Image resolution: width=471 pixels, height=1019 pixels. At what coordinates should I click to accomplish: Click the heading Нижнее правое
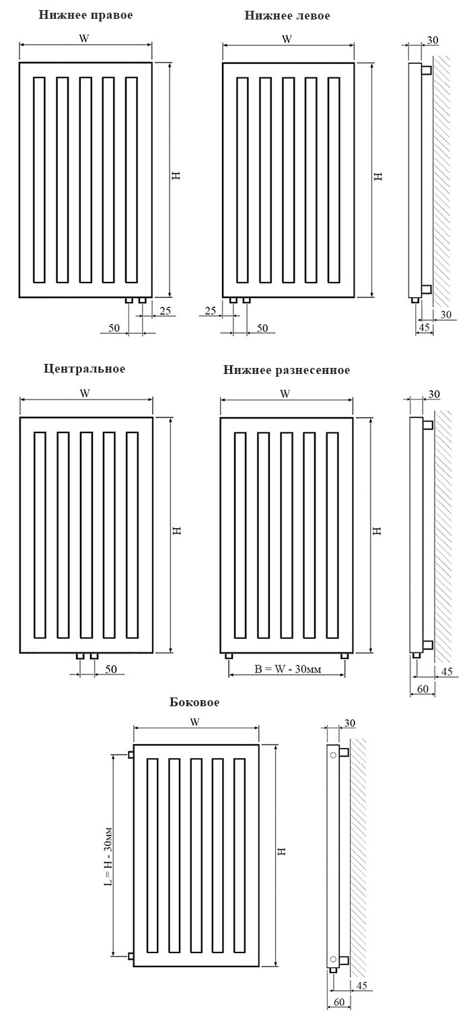point(85,15)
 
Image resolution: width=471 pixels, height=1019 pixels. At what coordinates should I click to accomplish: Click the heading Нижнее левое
point(287,16)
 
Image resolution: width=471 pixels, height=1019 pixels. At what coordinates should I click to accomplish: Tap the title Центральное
point(84,369)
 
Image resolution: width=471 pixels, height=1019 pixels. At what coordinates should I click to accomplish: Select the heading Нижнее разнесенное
point(286,371)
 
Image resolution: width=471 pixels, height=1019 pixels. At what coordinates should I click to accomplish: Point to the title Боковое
point(194,702)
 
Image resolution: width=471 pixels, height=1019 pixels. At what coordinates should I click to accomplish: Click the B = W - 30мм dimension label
point(287,669)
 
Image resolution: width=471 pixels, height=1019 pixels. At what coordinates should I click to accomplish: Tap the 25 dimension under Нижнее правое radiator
point(166,311)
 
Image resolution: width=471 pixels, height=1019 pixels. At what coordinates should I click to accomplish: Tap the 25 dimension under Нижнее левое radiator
point(210,311)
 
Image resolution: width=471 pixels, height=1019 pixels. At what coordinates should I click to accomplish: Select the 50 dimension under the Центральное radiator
point(111,669)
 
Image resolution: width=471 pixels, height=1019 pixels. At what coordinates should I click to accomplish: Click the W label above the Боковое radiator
point(194,722)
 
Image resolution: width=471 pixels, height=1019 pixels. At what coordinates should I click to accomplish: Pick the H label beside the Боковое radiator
point(281,851)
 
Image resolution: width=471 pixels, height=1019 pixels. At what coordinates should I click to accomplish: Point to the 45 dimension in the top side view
point(424,328)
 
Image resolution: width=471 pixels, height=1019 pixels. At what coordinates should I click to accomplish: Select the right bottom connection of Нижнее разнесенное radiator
point(345,656)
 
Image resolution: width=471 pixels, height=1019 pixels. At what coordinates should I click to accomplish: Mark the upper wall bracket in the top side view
point(427,71)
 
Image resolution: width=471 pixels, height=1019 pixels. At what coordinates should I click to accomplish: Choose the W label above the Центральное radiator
point(85,393)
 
